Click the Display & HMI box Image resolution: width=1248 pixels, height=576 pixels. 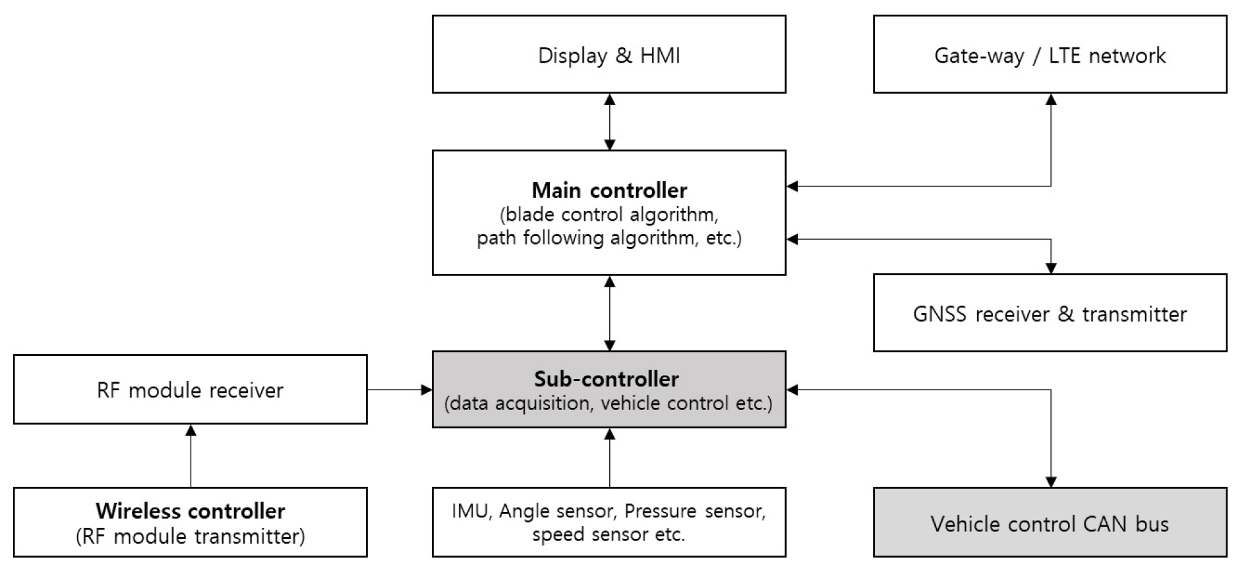tap(609, 55)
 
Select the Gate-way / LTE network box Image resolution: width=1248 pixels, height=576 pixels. tap(1050, 55)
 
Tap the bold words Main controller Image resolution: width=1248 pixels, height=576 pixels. tap(609, 190)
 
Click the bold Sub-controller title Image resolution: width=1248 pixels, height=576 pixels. tap(606, 379)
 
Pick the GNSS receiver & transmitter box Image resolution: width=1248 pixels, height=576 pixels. tap(1050, 313)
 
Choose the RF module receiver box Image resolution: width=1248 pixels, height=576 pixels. tap(190, 390)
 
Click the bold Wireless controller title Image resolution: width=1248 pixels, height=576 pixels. tap(190, 511)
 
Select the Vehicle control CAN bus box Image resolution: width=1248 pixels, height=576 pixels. tap(1050, 523)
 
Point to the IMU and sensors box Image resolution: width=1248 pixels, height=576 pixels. tap(609, 523)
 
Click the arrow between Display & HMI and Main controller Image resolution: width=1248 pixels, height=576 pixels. tap(610, 122)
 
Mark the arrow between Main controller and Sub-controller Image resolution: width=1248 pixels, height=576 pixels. tap(610, 313)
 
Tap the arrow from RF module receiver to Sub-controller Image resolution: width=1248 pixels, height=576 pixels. tap(400, 389)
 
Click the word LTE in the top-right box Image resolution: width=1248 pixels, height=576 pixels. tap(1065, 55)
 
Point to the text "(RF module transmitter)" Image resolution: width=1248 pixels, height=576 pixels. tap(190, 536)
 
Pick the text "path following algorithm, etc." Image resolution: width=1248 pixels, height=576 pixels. tap(609, 238)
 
